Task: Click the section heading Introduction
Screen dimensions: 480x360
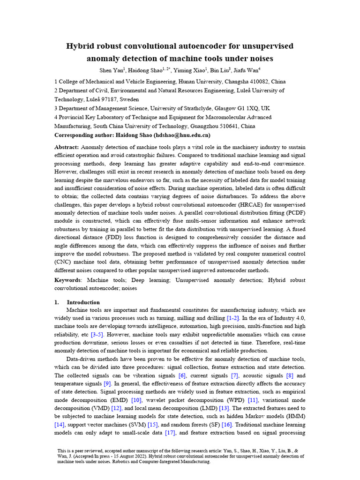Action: coord(83,302)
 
